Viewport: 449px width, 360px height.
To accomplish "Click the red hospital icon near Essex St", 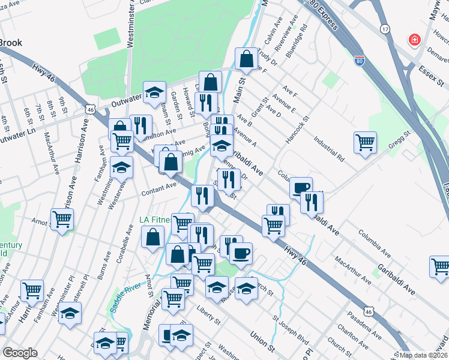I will click(x=414, y=41).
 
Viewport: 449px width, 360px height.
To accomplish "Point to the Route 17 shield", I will click(x=385, y=29).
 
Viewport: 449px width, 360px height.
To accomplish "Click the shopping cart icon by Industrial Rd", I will click(x=365, y=143).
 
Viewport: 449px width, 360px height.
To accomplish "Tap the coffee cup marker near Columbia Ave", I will click(x=301, y=188).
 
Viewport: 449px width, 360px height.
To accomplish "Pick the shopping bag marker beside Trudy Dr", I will click(x=246, y=59).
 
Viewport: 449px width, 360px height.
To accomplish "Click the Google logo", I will click(x=20, y=353).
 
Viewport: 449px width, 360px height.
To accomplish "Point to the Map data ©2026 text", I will click(x=424, y=355).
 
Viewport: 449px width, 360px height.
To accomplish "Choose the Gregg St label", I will click(x=399, y=142).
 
